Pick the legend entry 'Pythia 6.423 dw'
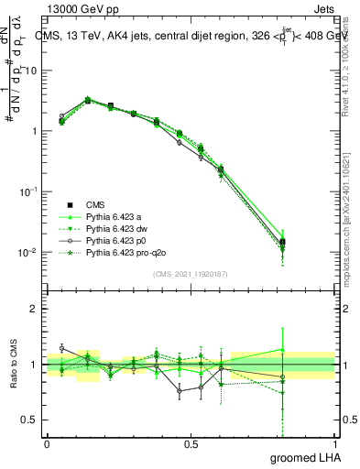coord(118,228)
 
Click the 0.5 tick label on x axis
coord(191,442)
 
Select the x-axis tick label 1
coord(335,442)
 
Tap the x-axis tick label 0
coord(47,442)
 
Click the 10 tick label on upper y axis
coord(30,71)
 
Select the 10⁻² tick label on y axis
coord(27,252)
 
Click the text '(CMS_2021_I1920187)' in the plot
coord(191,274)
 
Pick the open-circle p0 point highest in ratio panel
coord(61,348)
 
